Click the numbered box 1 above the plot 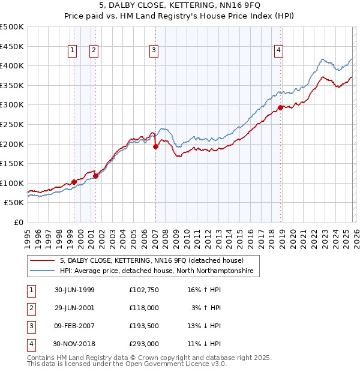[x=73, y=51]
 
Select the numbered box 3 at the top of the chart [x=154, y=51]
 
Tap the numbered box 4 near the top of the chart [x=279, y=51]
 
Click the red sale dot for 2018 [x=280, y=108]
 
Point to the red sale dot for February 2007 [x=155, y=146]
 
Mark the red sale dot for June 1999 [x=74, y=182]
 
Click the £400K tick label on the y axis [x=12, y=66]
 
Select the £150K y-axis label [x=12, y=163]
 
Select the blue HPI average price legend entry [x=157, y=271]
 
